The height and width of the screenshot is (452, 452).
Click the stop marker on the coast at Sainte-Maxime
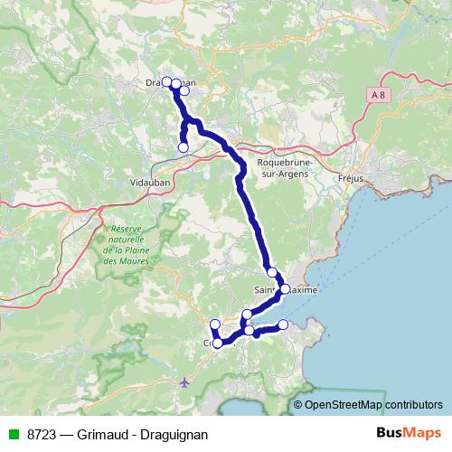285,289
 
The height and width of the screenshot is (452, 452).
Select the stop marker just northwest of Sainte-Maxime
272,272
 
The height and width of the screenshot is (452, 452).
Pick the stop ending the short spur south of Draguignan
184,147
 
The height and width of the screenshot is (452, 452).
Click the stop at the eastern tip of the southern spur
283,325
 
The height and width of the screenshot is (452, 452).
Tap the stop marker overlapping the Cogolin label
218,344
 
